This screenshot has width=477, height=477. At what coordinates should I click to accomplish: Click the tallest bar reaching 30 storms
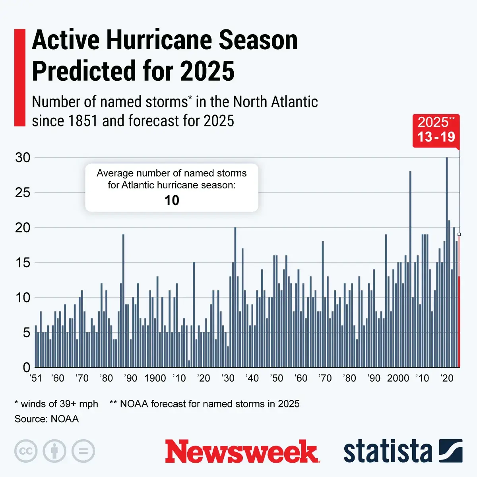tap(447, 262)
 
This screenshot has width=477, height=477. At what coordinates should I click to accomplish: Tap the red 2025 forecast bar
tap(459, 322)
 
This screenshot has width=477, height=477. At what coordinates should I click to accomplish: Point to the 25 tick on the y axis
tap(23, 192)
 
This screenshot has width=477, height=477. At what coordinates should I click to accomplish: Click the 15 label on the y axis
tap(23, 262)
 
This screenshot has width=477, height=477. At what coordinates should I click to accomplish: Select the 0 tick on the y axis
tap(27, 367)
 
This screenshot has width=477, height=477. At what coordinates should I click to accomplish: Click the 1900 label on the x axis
tap(155, 378)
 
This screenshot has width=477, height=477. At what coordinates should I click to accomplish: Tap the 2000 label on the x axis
tap(398, 378)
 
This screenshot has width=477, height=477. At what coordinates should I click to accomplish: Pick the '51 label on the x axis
tap(36, 378)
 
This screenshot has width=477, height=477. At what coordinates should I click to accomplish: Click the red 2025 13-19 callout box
tap(436, 131)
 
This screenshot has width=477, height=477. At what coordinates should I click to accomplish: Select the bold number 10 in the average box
tap(172, 200)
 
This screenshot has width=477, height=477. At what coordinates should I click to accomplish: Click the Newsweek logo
tap(242, 452)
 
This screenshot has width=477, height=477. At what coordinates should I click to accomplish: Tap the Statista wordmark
tap(388, 452)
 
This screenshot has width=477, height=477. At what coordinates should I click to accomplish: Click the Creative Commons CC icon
tap(26, 452)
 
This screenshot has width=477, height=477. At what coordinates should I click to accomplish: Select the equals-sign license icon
tap(83, 452)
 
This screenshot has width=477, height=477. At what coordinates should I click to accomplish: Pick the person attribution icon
tap(54, 452)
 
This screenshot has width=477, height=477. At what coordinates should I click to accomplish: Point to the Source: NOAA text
tap(47, 419)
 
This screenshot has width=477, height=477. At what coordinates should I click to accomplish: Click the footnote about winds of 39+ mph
tap(56, 404)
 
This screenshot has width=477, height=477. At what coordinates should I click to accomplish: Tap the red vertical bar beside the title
tap(20, 78)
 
